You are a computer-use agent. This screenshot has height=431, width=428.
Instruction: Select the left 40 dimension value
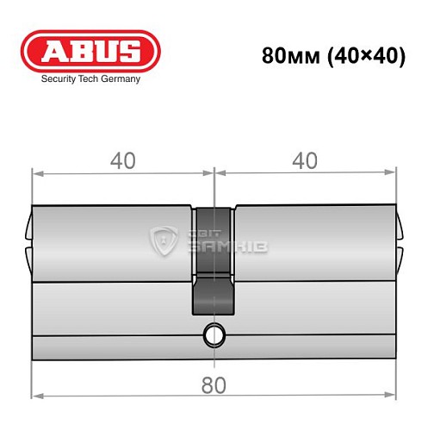pyautogui.click(x=122, y=160)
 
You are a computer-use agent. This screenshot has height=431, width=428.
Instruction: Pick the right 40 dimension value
pyautogui.click(x=305, y=160)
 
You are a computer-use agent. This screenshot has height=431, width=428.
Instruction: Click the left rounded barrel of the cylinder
pyautogui.click(x=112, y=245)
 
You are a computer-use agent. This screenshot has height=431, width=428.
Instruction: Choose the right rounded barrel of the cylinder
pyautogui.click(x=314, y=245)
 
